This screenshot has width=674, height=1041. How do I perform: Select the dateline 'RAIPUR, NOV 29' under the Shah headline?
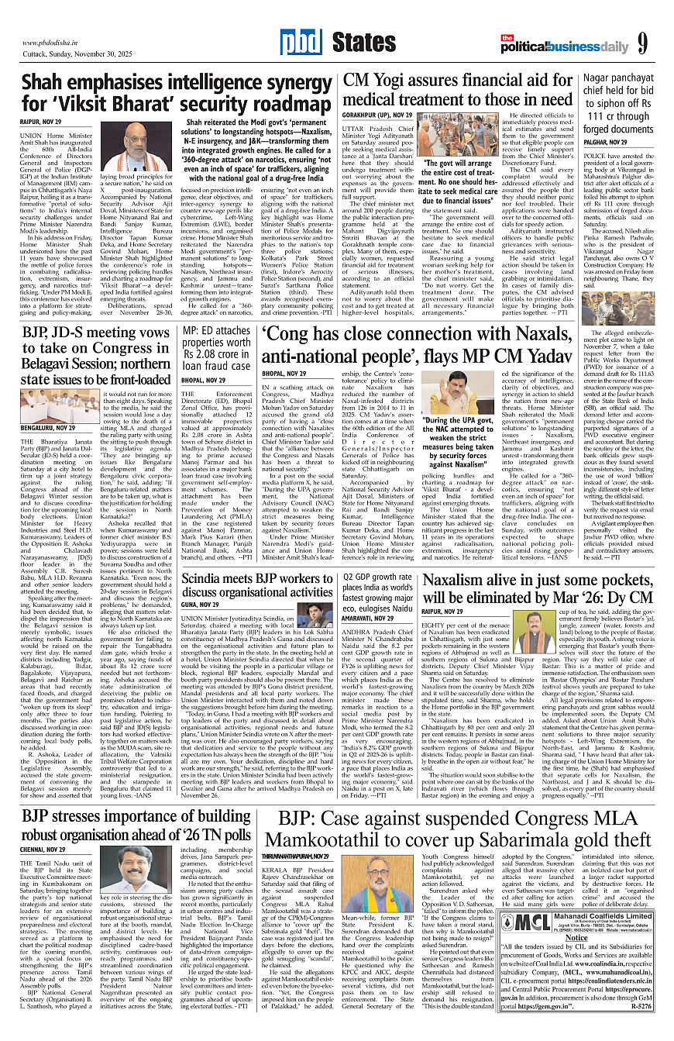coord(42,122)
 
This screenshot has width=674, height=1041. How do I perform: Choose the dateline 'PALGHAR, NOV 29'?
coord(607,142)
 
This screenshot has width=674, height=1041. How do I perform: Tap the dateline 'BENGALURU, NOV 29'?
coord(48,427)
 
